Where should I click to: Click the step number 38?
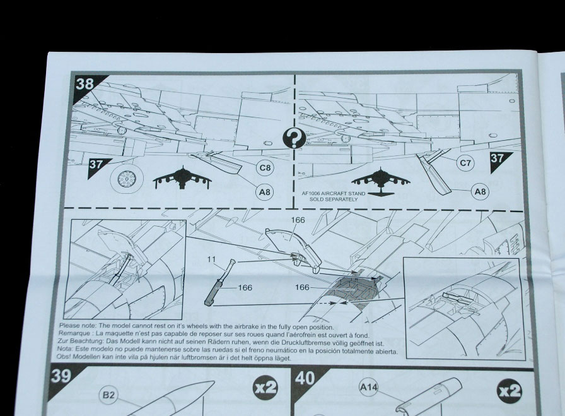point(84,84)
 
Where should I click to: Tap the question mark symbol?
point(294,138)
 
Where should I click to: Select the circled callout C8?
point(265,168)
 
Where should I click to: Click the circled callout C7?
point(465,163)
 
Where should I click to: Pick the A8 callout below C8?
point(264,192)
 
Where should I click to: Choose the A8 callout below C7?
point(480,191)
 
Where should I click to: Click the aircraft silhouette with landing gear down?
point(182,177)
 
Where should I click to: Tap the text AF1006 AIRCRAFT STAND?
point(334,193)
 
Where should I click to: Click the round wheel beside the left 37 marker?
point(127,177)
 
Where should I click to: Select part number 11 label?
point(211,259)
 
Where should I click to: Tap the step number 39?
point(61,376)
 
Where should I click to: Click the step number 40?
point(305,379)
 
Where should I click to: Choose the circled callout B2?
point(108,395)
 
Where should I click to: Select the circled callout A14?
point(369,388)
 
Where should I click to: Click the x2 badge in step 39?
point(265,388)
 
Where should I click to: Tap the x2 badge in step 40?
point(509,391)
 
